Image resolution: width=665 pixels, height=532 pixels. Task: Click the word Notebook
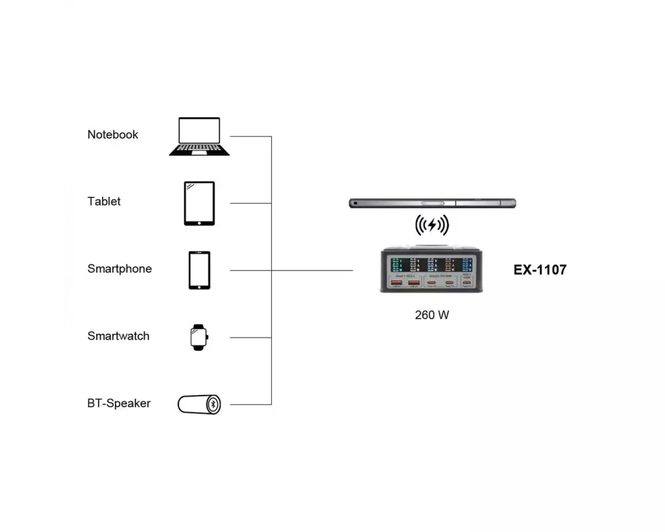click(x=112, y=134)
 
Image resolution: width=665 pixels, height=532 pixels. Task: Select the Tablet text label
click(x=104, y=201)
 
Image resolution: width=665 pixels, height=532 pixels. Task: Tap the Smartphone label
click(x=119, y=269)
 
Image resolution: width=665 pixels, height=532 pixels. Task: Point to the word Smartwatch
click(x=118, y=336)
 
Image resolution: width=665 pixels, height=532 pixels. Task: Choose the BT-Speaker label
click(x=118, y=403)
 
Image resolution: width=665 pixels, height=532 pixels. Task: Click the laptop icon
click(x=199, y=136)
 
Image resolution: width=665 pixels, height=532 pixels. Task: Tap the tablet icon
click(x=199, y=203)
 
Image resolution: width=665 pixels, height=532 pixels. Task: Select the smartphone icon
click(x=199, y=270)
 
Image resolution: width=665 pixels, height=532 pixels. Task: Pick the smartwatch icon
click(x=199, y=337)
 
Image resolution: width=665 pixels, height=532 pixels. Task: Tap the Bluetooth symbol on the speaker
click(x=213, y=404)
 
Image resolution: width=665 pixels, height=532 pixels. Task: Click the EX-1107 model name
click(x=540, y=270)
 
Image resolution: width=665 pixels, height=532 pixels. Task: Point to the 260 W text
click(x=432, y=315)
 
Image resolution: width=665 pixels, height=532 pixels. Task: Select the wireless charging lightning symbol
click(x=432, y=225)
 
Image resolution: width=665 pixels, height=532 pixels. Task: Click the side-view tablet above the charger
click(x=432, y=203)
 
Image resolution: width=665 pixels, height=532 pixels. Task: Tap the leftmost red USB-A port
click(x=396, y=285)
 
